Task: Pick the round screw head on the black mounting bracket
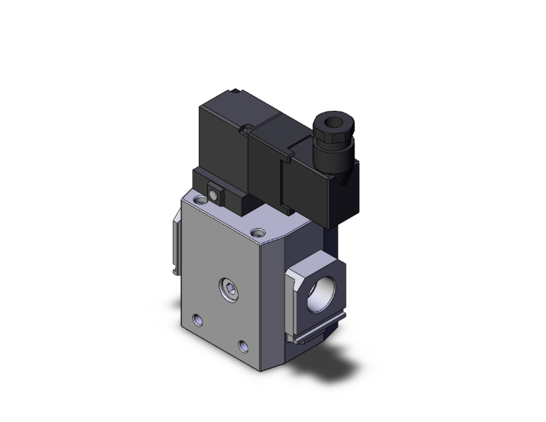click(213, 194)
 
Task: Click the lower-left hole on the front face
click(196, 319)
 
